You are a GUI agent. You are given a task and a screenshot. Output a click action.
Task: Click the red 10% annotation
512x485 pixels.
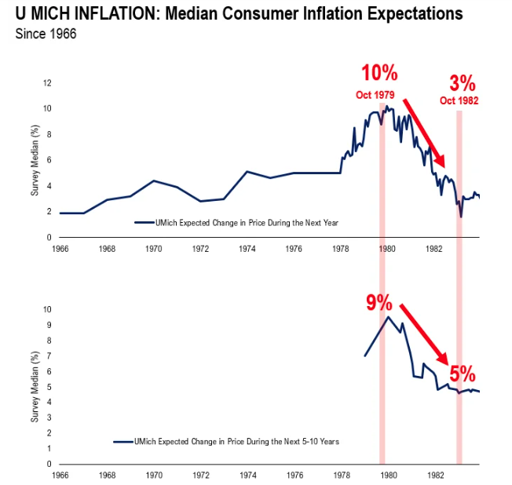tap(379, 74)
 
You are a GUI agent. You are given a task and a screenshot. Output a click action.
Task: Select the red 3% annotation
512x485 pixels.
tap(463, 82)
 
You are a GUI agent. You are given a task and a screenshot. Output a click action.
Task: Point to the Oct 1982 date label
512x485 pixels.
tap(459, 101)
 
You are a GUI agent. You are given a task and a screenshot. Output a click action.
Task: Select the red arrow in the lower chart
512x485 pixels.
tap(423, 333)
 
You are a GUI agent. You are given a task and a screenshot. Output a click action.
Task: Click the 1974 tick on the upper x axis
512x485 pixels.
tap(247, 249)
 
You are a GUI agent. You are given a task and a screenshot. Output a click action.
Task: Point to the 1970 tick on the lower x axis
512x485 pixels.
tap(153, 476)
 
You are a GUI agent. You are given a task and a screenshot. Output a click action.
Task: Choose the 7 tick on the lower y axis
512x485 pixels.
tap(49, 356)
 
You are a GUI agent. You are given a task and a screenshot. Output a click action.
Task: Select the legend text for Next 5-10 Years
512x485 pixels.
tap(239, 443)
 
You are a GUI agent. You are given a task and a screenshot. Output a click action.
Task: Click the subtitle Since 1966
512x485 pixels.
tap(45, 35)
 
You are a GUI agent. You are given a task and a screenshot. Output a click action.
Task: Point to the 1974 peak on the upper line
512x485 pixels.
tap(247, 171)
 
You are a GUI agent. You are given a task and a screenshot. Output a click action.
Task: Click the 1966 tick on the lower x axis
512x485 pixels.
tap(59, 476)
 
